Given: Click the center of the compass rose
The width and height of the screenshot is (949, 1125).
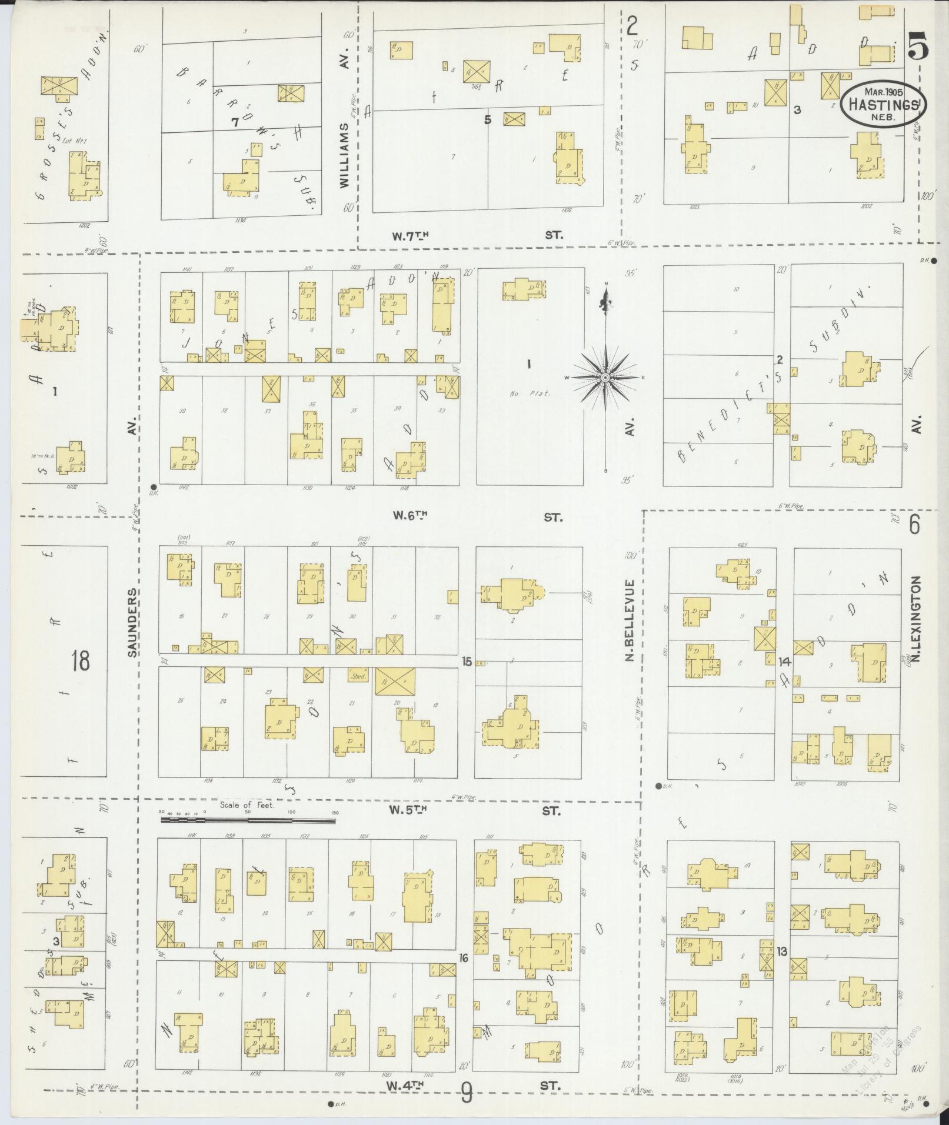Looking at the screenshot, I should tap(605, 376).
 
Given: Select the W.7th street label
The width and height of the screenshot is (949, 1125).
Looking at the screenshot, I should tap(410, 235).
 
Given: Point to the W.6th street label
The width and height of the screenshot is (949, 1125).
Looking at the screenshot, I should tap(410, 516).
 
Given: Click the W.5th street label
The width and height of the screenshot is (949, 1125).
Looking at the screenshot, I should tap(407, 810).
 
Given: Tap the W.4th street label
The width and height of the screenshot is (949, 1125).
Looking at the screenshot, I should tap(407, 1085).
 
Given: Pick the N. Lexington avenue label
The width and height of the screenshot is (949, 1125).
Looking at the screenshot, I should tap(917, 617).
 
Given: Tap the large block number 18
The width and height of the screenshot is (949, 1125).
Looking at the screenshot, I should tap(80, 660).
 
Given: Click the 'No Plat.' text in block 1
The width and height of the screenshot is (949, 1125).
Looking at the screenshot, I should tap(529, 393).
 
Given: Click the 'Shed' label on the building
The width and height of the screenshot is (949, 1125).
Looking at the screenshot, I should tap(358, 676).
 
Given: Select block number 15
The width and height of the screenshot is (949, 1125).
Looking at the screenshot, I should tap(467, 662).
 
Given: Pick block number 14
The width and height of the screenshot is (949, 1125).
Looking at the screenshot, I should tap(784, 662).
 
